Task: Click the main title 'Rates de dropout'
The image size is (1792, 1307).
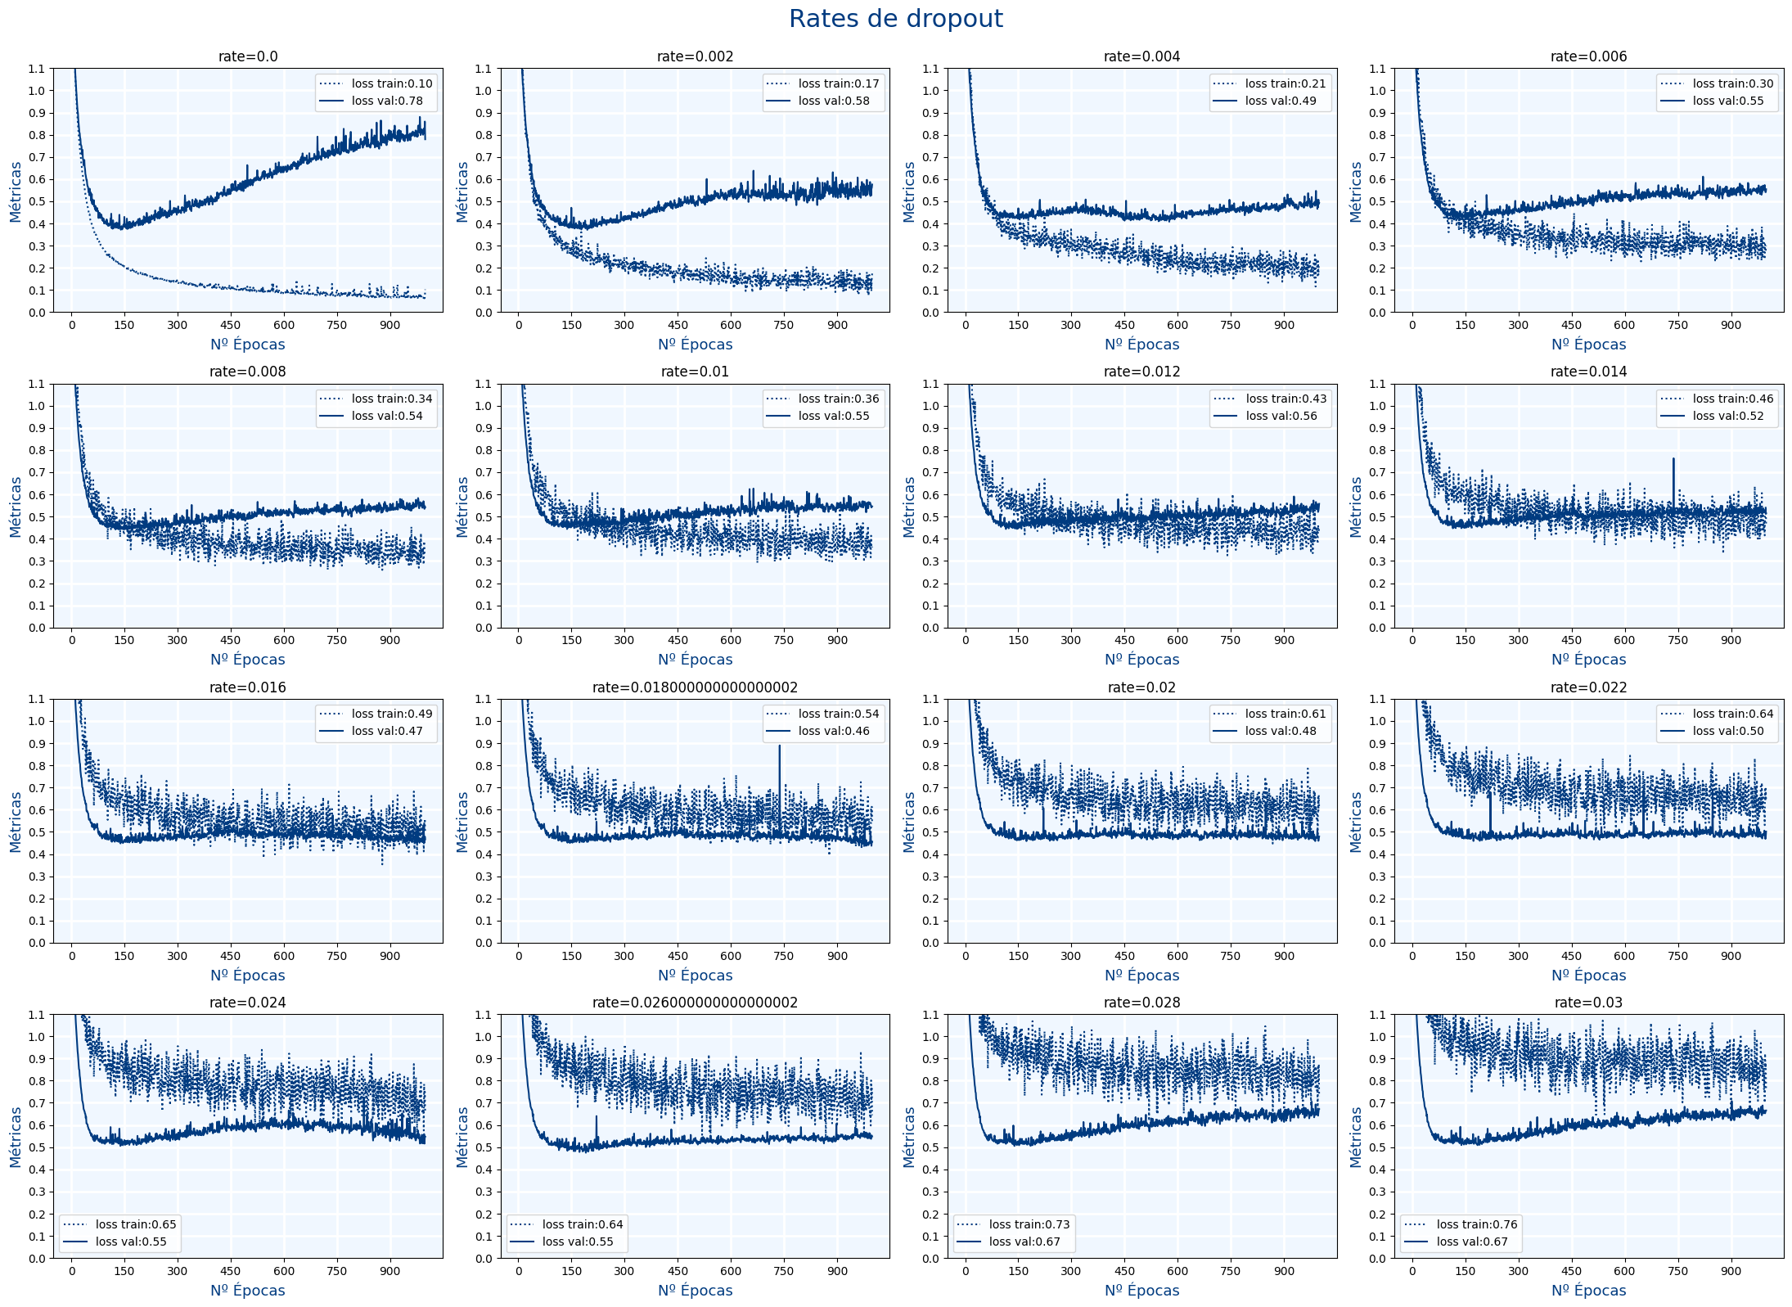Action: pos(895,19)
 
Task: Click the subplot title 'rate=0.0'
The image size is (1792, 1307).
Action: pos(248,56)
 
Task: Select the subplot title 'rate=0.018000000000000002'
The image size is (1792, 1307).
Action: pos(695,687)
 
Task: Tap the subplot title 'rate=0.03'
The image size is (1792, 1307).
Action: pos(1588,1003)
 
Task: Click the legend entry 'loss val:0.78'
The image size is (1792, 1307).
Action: pos(387,101)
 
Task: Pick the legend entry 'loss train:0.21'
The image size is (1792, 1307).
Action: pos(1285,83)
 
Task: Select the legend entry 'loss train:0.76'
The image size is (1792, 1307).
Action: pos(1476,1224)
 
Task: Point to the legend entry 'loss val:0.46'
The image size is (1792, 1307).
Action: pos(834,731)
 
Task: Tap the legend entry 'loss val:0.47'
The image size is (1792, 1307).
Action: pos(387,731)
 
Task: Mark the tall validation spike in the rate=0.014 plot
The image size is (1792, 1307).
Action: pos(1673,460)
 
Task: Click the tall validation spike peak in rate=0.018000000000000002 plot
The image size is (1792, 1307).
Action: pos(779,746)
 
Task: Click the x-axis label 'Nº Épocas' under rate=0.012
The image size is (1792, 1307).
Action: pos(1141,660)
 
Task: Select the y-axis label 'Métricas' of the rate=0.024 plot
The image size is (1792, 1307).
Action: pos(16,1137)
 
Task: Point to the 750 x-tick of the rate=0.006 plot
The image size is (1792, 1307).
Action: pos(1677,325)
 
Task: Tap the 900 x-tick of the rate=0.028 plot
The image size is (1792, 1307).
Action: pos(1284,1271)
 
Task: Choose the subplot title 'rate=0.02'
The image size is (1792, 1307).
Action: pos(1141,687)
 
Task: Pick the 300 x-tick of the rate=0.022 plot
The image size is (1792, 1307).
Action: pos(1518,956)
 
